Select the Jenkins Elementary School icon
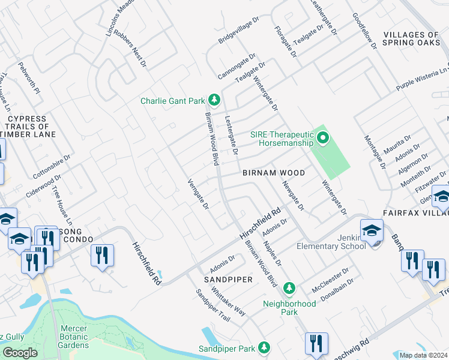pyautogui.click(x=372, y=230)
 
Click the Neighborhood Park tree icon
pyautogui.click(x=289, y=289)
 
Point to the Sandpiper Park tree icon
pyautogui.click(x=264, y=347)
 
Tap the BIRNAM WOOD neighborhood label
pyautogui.click(x=274, y=173)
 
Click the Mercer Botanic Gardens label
pyautogui.click(x=75, y=337)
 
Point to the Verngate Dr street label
pyautogui.click(x=197, y=194)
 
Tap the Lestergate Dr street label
pyautogui.click(x=231, y=134)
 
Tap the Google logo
pyautogui.click(x=20, y=353)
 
